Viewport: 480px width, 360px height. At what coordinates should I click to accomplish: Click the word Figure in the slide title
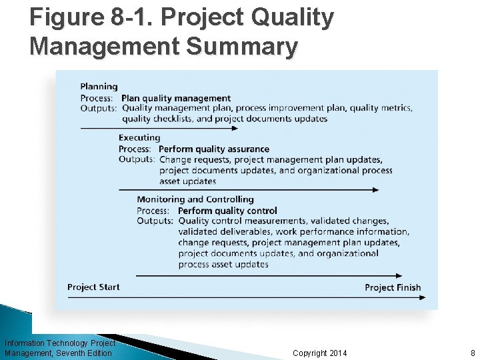[67, 18]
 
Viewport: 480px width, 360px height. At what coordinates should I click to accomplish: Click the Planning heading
[99, 86]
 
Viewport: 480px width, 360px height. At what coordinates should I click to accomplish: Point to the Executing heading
[139, 138]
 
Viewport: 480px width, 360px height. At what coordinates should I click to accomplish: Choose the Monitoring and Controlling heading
[195, 199]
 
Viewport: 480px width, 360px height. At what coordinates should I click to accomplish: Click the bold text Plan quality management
[176, 98]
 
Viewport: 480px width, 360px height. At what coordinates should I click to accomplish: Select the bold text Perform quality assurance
[214, 149]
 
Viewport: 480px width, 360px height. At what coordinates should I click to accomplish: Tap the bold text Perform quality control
[227, 211]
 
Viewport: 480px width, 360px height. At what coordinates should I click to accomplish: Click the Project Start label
[93, 287]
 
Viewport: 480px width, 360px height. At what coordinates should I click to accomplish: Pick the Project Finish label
[393, 288]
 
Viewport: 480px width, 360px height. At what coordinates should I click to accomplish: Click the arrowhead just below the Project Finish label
[421, 298]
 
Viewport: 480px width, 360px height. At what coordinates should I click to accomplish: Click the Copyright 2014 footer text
[319, 353]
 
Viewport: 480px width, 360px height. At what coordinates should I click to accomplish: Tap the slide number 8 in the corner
[472, 353]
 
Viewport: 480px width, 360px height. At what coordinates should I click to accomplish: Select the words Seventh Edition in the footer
[85, 353]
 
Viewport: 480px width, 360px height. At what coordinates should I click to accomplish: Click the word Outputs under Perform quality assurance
[137, 159]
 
